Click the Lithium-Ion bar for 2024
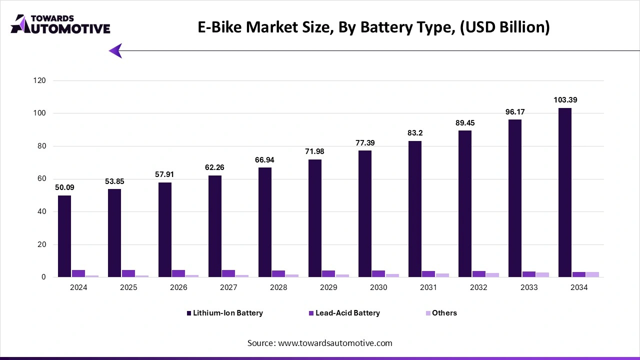coord(64,236)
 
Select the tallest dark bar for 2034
coord(565,192)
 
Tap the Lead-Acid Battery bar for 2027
coord(228,273)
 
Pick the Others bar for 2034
coord(592,274)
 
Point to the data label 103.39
coord(565,100)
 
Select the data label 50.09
coord(64,187)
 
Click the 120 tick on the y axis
coord(40,80)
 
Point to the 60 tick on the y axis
coord(42,179)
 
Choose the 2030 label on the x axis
coord(378,288)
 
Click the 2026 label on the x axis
coord(178,288)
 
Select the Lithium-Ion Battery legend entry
coord(225,313)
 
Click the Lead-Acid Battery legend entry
coord(344,313)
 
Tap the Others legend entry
coord(441,313)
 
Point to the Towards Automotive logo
coord(60,24)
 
